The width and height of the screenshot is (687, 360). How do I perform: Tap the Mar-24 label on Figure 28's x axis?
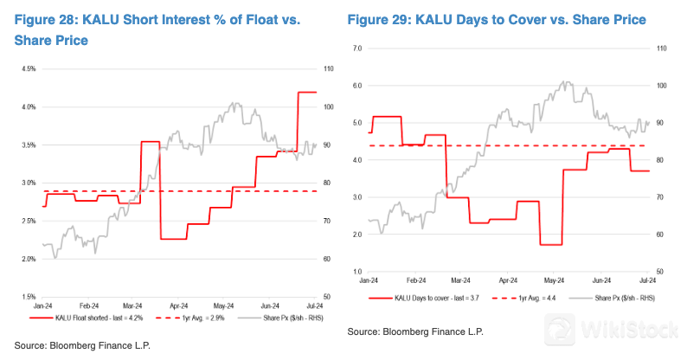click(132, 305)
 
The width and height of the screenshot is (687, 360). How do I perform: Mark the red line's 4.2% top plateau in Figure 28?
click(307, 92)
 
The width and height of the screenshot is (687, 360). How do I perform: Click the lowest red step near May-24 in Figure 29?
click(551, 245)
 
